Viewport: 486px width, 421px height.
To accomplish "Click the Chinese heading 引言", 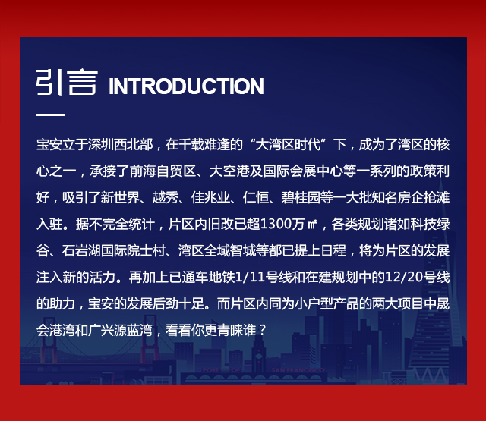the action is point(67,83).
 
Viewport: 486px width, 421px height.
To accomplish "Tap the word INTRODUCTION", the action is point(186,86).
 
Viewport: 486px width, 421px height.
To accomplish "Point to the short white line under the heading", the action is point(51,115).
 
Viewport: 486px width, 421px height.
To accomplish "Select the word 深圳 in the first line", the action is point(101,145).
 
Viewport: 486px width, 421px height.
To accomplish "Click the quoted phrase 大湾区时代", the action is point(289,145).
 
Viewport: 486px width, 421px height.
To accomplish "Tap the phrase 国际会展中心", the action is point(303,171).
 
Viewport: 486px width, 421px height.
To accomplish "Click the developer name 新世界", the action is point(120,197).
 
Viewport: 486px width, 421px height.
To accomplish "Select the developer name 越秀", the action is point(166,197).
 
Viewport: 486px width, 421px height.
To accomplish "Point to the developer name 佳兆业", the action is point(211,197).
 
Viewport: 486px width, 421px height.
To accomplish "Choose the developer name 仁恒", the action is point(256,197).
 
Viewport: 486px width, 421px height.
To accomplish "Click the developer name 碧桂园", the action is point(301,197).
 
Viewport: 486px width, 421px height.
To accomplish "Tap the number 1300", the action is point(275,224).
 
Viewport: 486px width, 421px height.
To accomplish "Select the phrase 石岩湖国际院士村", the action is point(113,250).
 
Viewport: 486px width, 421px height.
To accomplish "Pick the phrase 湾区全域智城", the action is point(217,250).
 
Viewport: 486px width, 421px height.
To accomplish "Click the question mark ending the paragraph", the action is point(263,330).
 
